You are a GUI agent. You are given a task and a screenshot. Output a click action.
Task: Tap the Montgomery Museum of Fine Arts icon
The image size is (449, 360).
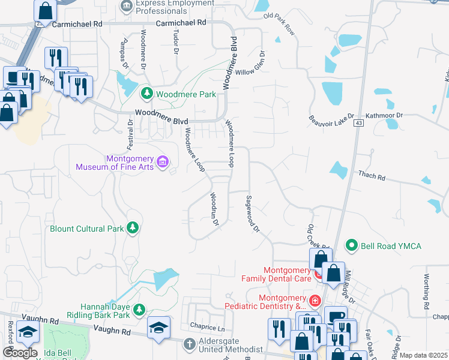tap(162, 162)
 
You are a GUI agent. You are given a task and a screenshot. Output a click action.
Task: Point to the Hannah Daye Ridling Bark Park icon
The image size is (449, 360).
tap(139, 309)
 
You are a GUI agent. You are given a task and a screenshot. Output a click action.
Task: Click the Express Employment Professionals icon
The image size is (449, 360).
tap(127, 6)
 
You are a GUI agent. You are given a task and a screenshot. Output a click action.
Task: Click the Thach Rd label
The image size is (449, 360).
tap(372, 176)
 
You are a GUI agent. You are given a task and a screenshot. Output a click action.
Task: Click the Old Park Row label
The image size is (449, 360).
tap(280, 23)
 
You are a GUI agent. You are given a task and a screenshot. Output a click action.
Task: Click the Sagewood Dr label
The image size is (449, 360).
tap(252, 214)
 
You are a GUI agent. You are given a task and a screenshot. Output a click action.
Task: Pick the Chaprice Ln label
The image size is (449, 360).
tap(207, 328)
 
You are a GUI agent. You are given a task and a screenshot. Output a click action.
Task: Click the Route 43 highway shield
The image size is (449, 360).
tap(358, 123)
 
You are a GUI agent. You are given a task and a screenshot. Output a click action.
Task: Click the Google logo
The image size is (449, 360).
tap(20, 353)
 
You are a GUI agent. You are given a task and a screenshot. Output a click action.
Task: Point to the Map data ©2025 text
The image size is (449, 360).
tap(423, 355)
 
